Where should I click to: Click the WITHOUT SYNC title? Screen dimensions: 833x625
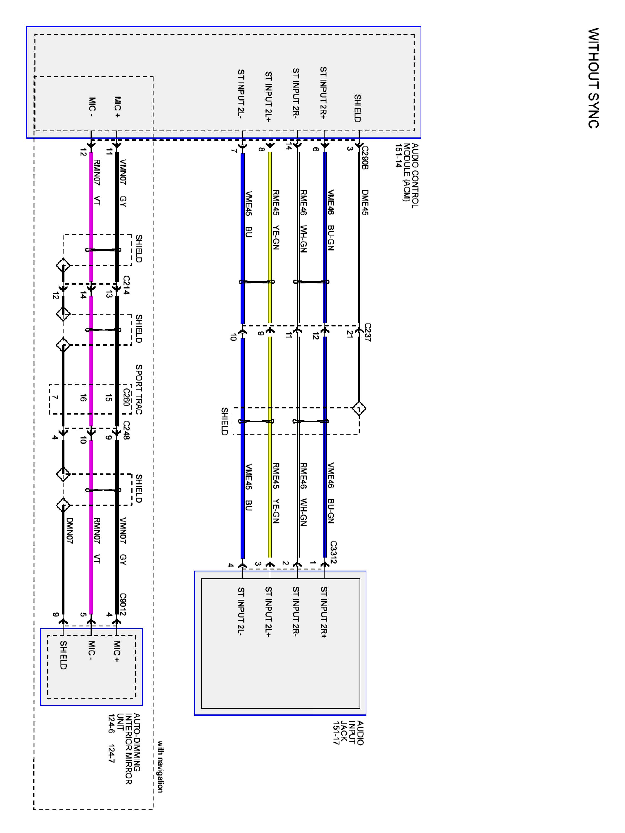point(593,78)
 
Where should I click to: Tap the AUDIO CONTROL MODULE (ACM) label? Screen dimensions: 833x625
point(407,175)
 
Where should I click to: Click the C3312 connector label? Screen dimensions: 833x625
point(333,553)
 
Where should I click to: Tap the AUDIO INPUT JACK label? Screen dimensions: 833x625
point(349,732)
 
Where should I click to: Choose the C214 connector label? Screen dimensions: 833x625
point(126,285)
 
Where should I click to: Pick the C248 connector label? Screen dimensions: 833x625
point(126,430)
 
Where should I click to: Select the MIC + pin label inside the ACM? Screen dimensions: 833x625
point(117,107)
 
